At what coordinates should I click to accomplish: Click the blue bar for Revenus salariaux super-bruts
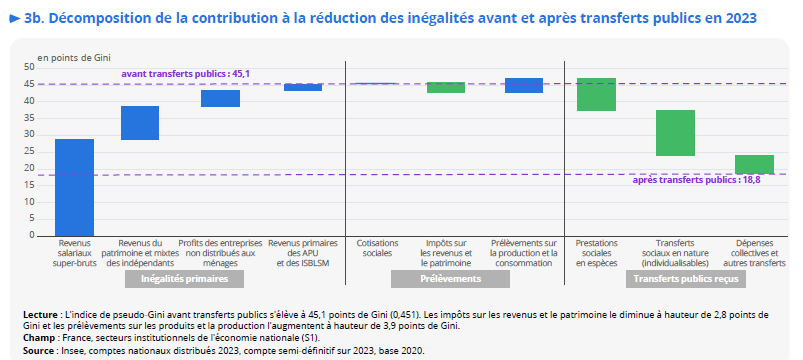click(74, 187)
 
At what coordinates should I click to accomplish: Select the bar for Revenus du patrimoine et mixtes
click(140, 123)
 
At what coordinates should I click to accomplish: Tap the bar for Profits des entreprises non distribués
click(220, 98)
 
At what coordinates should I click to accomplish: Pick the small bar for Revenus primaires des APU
click(303, 87)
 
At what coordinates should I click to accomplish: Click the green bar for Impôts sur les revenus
click(446, 88)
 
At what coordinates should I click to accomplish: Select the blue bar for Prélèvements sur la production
click(523, 85)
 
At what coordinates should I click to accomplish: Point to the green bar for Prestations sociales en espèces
click(597, 94)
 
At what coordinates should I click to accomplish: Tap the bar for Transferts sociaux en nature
click(675, 133)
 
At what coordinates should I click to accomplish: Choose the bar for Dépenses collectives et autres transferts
click(754, 164)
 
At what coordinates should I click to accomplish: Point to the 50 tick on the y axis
click(29, 67)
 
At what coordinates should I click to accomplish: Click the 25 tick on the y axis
click(29, 151)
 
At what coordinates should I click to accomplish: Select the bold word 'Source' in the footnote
click(40, 351)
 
